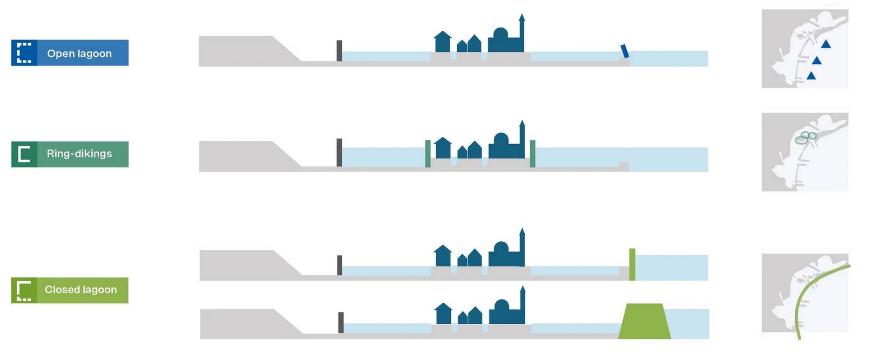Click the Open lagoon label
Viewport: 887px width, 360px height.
[x=79, y=53]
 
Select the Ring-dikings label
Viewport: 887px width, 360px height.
[x=79, y=154]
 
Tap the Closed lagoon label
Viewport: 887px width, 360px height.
[x=80, y=290]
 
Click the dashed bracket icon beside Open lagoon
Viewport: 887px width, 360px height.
[x=24, y=53]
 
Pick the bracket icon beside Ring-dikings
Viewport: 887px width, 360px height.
[x=24, y=154]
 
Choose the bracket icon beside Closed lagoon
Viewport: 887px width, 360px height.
[x=24, y=290]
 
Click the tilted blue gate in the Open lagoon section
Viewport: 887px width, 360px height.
[x=625, y=51]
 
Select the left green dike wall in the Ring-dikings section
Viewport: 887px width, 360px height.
[x=428, y=153]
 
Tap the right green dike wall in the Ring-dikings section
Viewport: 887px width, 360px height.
[x=532, y=153]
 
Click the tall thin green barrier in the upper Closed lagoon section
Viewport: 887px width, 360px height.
[x=632, y=264]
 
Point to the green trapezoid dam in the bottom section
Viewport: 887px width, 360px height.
[x=645, y=322]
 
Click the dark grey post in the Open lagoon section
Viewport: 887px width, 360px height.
[x=339, y=51]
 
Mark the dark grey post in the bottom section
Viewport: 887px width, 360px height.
[x=341, y=322]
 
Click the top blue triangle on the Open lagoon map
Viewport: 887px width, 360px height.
[x=825, y=44]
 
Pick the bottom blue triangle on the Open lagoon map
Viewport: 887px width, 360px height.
[x=811, y=76]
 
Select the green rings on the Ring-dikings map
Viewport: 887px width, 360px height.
[x=805, y=138]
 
